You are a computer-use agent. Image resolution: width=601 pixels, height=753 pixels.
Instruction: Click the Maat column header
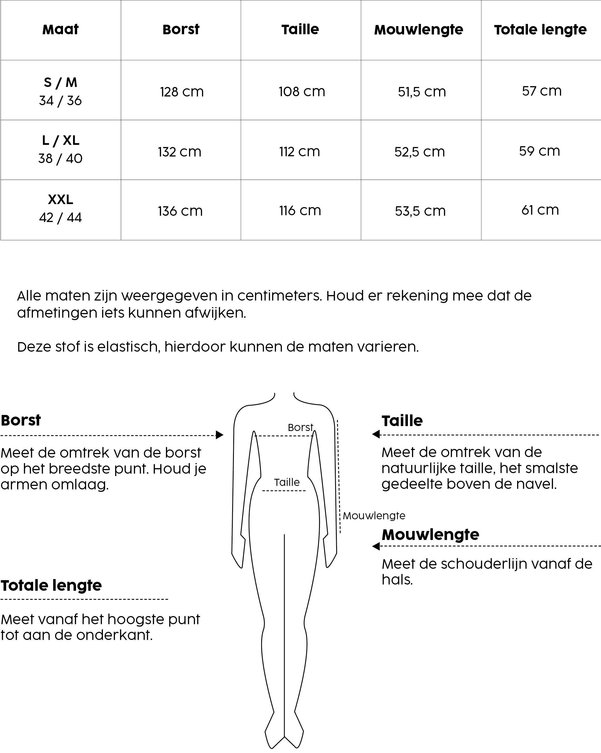60,30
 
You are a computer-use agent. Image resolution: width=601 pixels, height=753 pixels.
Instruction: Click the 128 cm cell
181,92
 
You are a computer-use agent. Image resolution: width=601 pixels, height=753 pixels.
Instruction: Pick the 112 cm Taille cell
300,152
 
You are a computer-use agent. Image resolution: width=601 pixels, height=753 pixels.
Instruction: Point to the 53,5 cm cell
420,211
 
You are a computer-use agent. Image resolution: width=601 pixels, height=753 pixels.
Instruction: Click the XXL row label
60,200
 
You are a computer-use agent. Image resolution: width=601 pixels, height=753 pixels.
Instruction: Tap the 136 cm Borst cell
180,211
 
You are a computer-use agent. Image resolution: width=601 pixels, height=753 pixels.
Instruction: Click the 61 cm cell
540,210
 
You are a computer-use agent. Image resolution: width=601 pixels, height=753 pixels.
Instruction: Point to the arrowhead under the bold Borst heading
219,435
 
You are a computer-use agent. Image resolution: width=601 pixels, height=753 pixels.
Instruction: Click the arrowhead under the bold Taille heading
376,434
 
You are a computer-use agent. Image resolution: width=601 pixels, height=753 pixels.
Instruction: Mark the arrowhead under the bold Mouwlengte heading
376,546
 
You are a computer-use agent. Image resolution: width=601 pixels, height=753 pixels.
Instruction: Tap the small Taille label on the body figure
287,482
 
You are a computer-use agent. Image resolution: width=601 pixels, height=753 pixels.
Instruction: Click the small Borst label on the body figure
300,427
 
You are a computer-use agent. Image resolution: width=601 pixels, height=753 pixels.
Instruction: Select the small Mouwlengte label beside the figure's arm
374,516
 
